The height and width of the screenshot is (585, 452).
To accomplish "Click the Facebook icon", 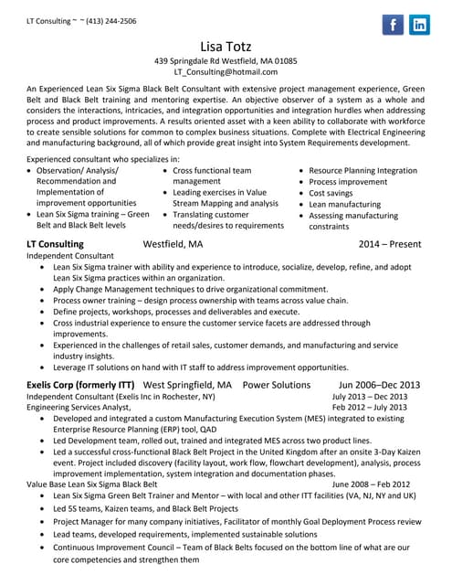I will tap(392, 25).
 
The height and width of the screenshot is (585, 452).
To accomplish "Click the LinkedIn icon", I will tap(419, 25).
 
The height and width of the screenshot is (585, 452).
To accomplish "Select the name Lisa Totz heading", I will tap(226, 46).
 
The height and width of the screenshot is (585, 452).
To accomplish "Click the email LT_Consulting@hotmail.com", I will tap(226, 71).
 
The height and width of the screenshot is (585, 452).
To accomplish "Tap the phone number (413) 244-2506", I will tap(110, 20).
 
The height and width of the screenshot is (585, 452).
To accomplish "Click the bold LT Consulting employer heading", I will tap(55, 245).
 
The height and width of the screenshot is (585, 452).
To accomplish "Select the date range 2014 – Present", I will tap(390, 245).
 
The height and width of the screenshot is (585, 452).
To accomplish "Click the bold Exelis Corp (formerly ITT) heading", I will tap(80, 385).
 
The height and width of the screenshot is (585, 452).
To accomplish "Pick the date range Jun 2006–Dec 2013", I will tap(379, 385).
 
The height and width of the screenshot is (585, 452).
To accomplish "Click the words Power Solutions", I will tap(277, 385).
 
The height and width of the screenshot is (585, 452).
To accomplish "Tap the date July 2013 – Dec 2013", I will tap(370, 397).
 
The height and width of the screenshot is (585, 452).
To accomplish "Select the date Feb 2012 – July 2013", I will tap(370, 408).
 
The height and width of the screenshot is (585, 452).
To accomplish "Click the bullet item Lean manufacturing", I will tap(345, 205).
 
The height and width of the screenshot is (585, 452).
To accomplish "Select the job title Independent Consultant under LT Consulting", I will tap(70, 257).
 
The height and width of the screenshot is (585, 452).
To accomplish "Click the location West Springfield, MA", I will tap(188, 385).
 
